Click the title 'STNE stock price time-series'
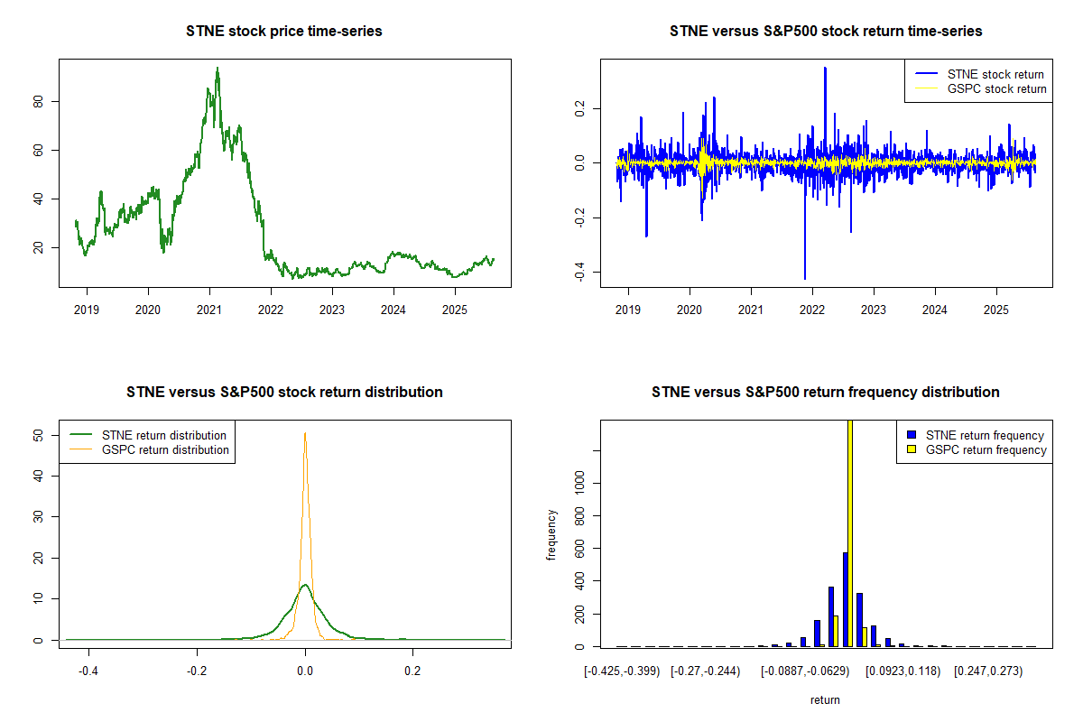(x=284, y=32)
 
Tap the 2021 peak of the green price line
(x=218, y=69)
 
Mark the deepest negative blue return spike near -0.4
(x=804, y=277)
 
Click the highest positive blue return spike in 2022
(x=825, y=69)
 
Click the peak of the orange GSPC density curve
(x=305, y=433)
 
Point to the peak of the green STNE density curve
(x=305, y=586)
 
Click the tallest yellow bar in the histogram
(x=849, y=532)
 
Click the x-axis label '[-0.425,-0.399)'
(x=622, y=672)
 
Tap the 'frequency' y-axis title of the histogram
(x=552, y=535)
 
